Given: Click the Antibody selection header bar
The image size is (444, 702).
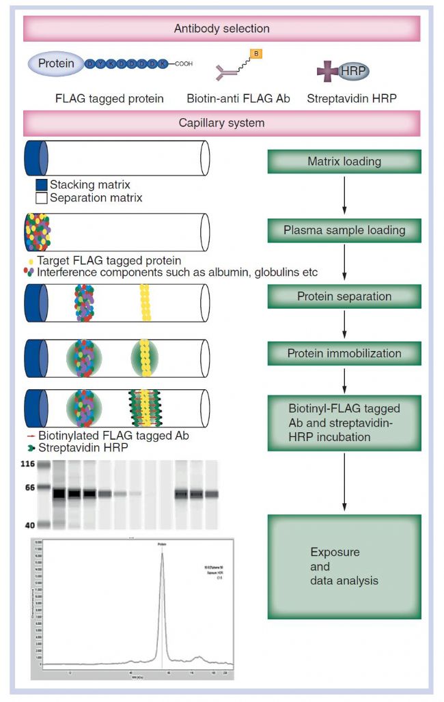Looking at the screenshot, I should pos(221,29).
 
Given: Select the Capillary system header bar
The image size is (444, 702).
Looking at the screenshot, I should pos(221,124).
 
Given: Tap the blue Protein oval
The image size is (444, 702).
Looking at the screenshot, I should pos(55,64).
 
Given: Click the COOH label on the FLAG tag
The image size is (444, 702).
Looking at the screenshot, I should pos(184,64).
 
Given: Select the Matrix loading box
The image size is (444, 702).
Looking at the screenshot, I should pos(344,162).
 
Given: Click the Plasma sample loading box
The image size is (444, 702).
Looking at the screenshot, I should pos(344,230).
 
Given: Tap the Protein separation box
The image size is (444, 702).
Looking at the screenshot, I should pos(344,296).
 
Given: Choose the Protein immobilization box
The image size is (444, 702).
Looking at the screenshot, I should pos(344,354).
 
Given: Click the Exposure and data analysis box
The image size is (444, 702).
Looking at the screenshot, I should pos(344,566).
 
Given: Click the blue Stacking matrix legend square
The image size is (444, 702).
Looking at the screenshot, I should pos(42,185).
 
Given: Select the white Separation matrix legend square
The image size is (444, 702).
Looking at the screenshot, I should pos(42,197).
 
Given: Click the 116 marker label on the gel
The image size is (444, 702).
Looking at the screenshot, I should pos(27,464).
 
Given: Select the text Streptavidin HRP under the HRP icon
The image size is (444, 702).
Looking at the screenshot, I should pos(352,98).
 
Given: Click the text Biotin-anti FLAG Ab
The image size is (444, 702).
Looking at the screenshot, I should pos(238,98).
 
